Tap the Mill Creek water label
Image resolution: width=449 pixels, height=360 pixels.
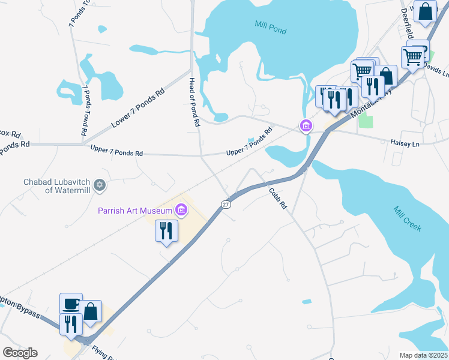pos(408,219)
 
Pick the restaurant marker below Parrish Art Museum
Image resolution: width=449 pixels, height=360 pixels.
pos(165,231)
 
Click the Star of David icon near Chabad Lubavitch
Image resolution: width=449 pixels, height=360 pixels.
pos(100,185)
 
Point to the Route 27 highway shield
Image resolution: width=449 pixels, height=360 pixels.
pos(226,204)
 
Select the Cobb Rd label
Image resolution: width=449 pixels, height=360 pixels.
pos(277,198)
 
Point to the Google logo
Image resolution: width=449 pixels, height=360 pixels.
pos(20,353)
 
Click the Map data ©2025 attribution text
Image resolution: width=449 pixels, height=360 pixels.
pos(423,355)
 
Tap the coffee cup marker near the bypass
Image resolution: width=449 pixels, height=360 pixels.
pos(70,304)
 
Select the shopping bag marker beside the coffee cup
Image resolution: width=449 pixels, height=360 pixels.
pos(91,312)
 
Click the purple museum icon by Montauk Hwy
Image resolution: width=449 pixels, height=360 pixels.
pos(306,126)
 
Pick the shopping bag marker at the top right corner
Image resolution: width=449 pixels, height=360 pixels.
pos(425,11)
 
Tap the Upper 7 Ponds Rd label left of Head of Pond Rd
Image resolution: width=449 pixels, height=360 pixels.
pos(116,151)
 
